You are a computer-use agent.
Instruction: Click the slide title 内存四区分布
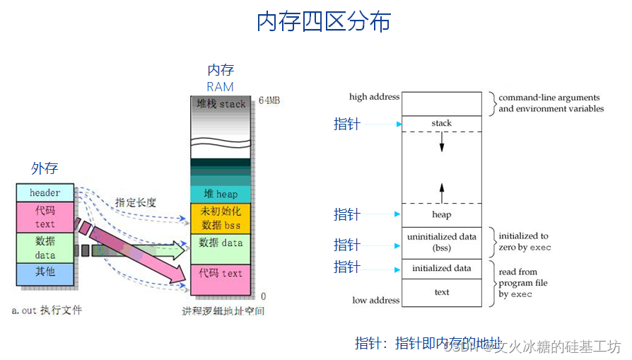(x=323, y=23)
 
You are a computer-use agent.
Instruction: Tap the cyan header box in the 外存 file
(x=45, y=192)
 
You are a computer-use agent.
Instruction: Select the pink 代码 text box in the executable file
(x=45, y=217)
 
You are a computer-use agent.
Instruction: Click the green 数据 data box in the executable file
(x=45, y=248)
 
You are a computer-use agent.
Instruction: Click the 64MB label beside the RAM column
(x=269, y=100)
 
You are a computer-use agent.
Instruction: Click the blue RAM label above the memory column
(x=220, y=86)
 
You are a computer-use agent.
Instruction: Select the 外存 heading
(x=45, y=168)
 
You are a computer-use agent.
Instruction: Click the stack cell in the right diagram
(x=441, y=123)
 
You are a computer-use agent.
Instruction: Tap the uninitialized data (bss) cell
(x=441, y=242)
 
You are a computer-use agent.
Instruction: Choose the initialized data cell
(x=441, y=268)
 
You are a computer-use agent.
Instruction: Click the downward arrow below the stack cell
(x=441, y=142)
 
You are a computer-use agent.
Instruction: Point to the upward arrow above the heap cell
(x=441, y=192)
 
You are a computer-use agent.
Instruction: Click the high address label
(x=374, y=97)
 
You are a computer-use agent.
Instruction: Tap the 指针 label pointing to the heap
(x=346, y=214)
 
